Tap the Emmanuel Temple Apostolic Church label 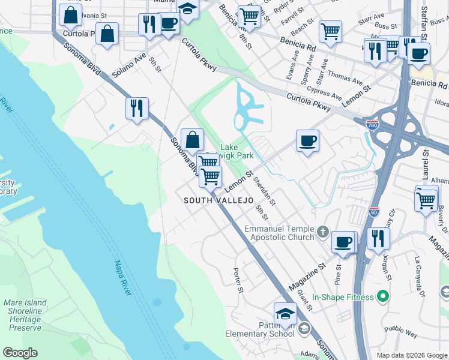click(x=280, y=233)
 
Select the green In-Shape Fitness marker click(x=379, y=296)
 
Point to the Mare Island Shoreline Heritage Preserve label click(x=25, y=316)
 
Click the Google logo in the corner click(x=20, y=353)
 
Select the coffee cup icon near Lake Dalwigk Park click(x=307, y=142)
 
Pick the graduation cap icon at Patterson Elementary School click(x=285, y=313)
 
